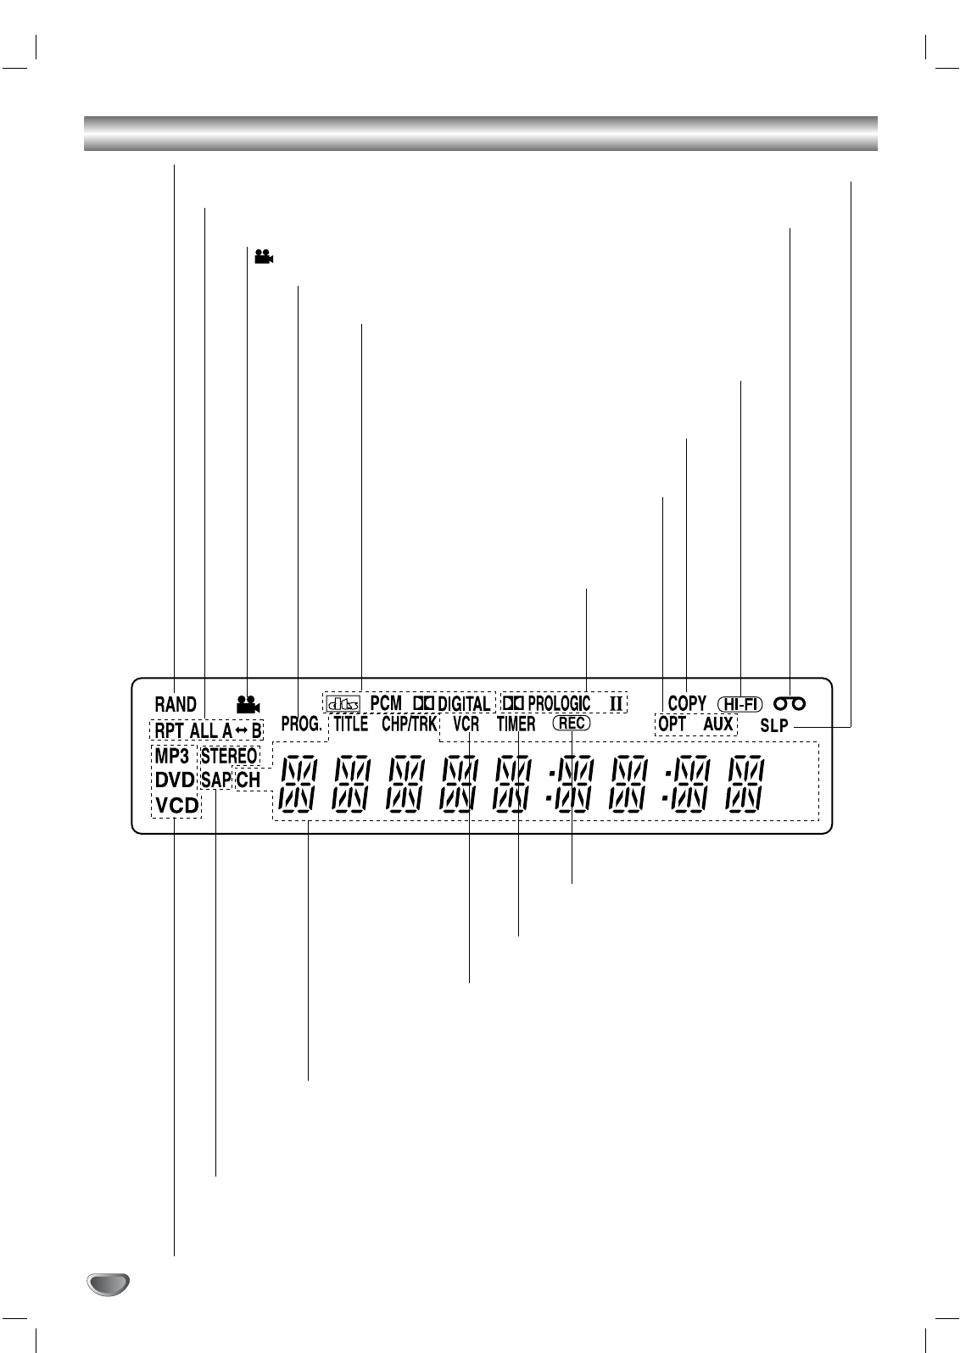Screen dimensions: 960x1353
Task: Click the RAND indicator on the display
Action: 176,704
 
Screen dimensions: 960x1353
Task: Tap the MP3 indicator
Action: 171,756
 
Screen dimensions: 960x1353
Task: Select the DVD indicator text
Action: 175,780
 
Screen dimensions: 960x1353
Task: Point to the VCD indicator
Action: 176,805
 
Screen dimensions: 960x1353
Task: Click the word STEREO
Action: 229,756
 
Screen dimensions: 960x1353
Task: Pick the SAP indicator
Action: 216,780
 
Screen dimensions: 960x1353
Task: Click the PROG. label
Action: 301,724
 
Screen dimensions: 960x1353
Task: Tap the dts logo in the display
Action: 343,704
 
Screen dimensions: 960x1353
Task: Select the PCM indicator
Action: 386,704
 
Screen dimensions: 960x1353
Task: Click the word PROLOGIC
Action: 559,703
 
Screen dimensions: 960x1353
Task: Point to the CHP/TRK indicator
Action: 409,724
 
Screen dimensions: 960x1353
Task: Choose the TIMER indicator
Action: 516,724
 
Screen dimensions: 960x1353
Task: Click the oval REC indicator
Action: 572,724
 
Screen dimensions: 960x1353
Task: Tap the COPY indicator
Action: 687,703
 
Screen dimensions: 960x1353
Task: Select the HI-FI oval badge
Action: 740,704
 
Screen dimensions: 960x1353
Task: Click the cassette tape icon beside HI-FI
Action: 789,703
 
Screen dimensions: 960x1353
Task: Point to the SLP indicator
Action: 774,725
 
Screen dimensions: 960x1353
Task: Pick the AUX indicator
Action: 718,724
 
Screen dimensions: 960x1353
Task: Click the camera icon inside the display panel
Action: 248,703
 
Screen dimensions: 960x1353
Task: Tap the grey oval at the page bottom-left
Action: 108,1284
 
